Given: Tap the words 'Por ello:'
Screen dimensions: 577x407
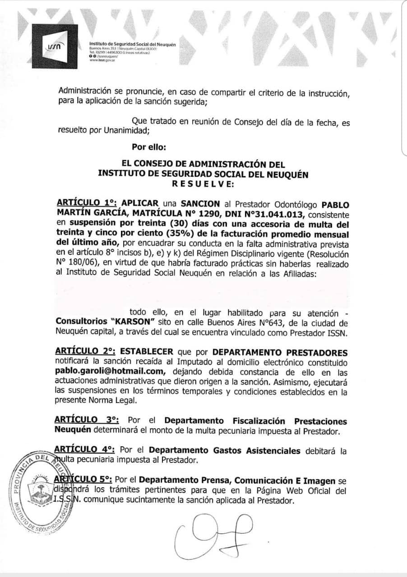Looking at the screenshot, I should tap(149, 147).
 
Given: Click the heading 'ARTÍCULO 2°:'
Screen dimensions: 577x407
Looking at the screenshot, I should tap(83, 352).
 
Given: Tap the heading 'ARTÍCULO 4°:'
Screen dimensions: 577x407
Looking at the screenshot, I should tap(85, 450).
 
